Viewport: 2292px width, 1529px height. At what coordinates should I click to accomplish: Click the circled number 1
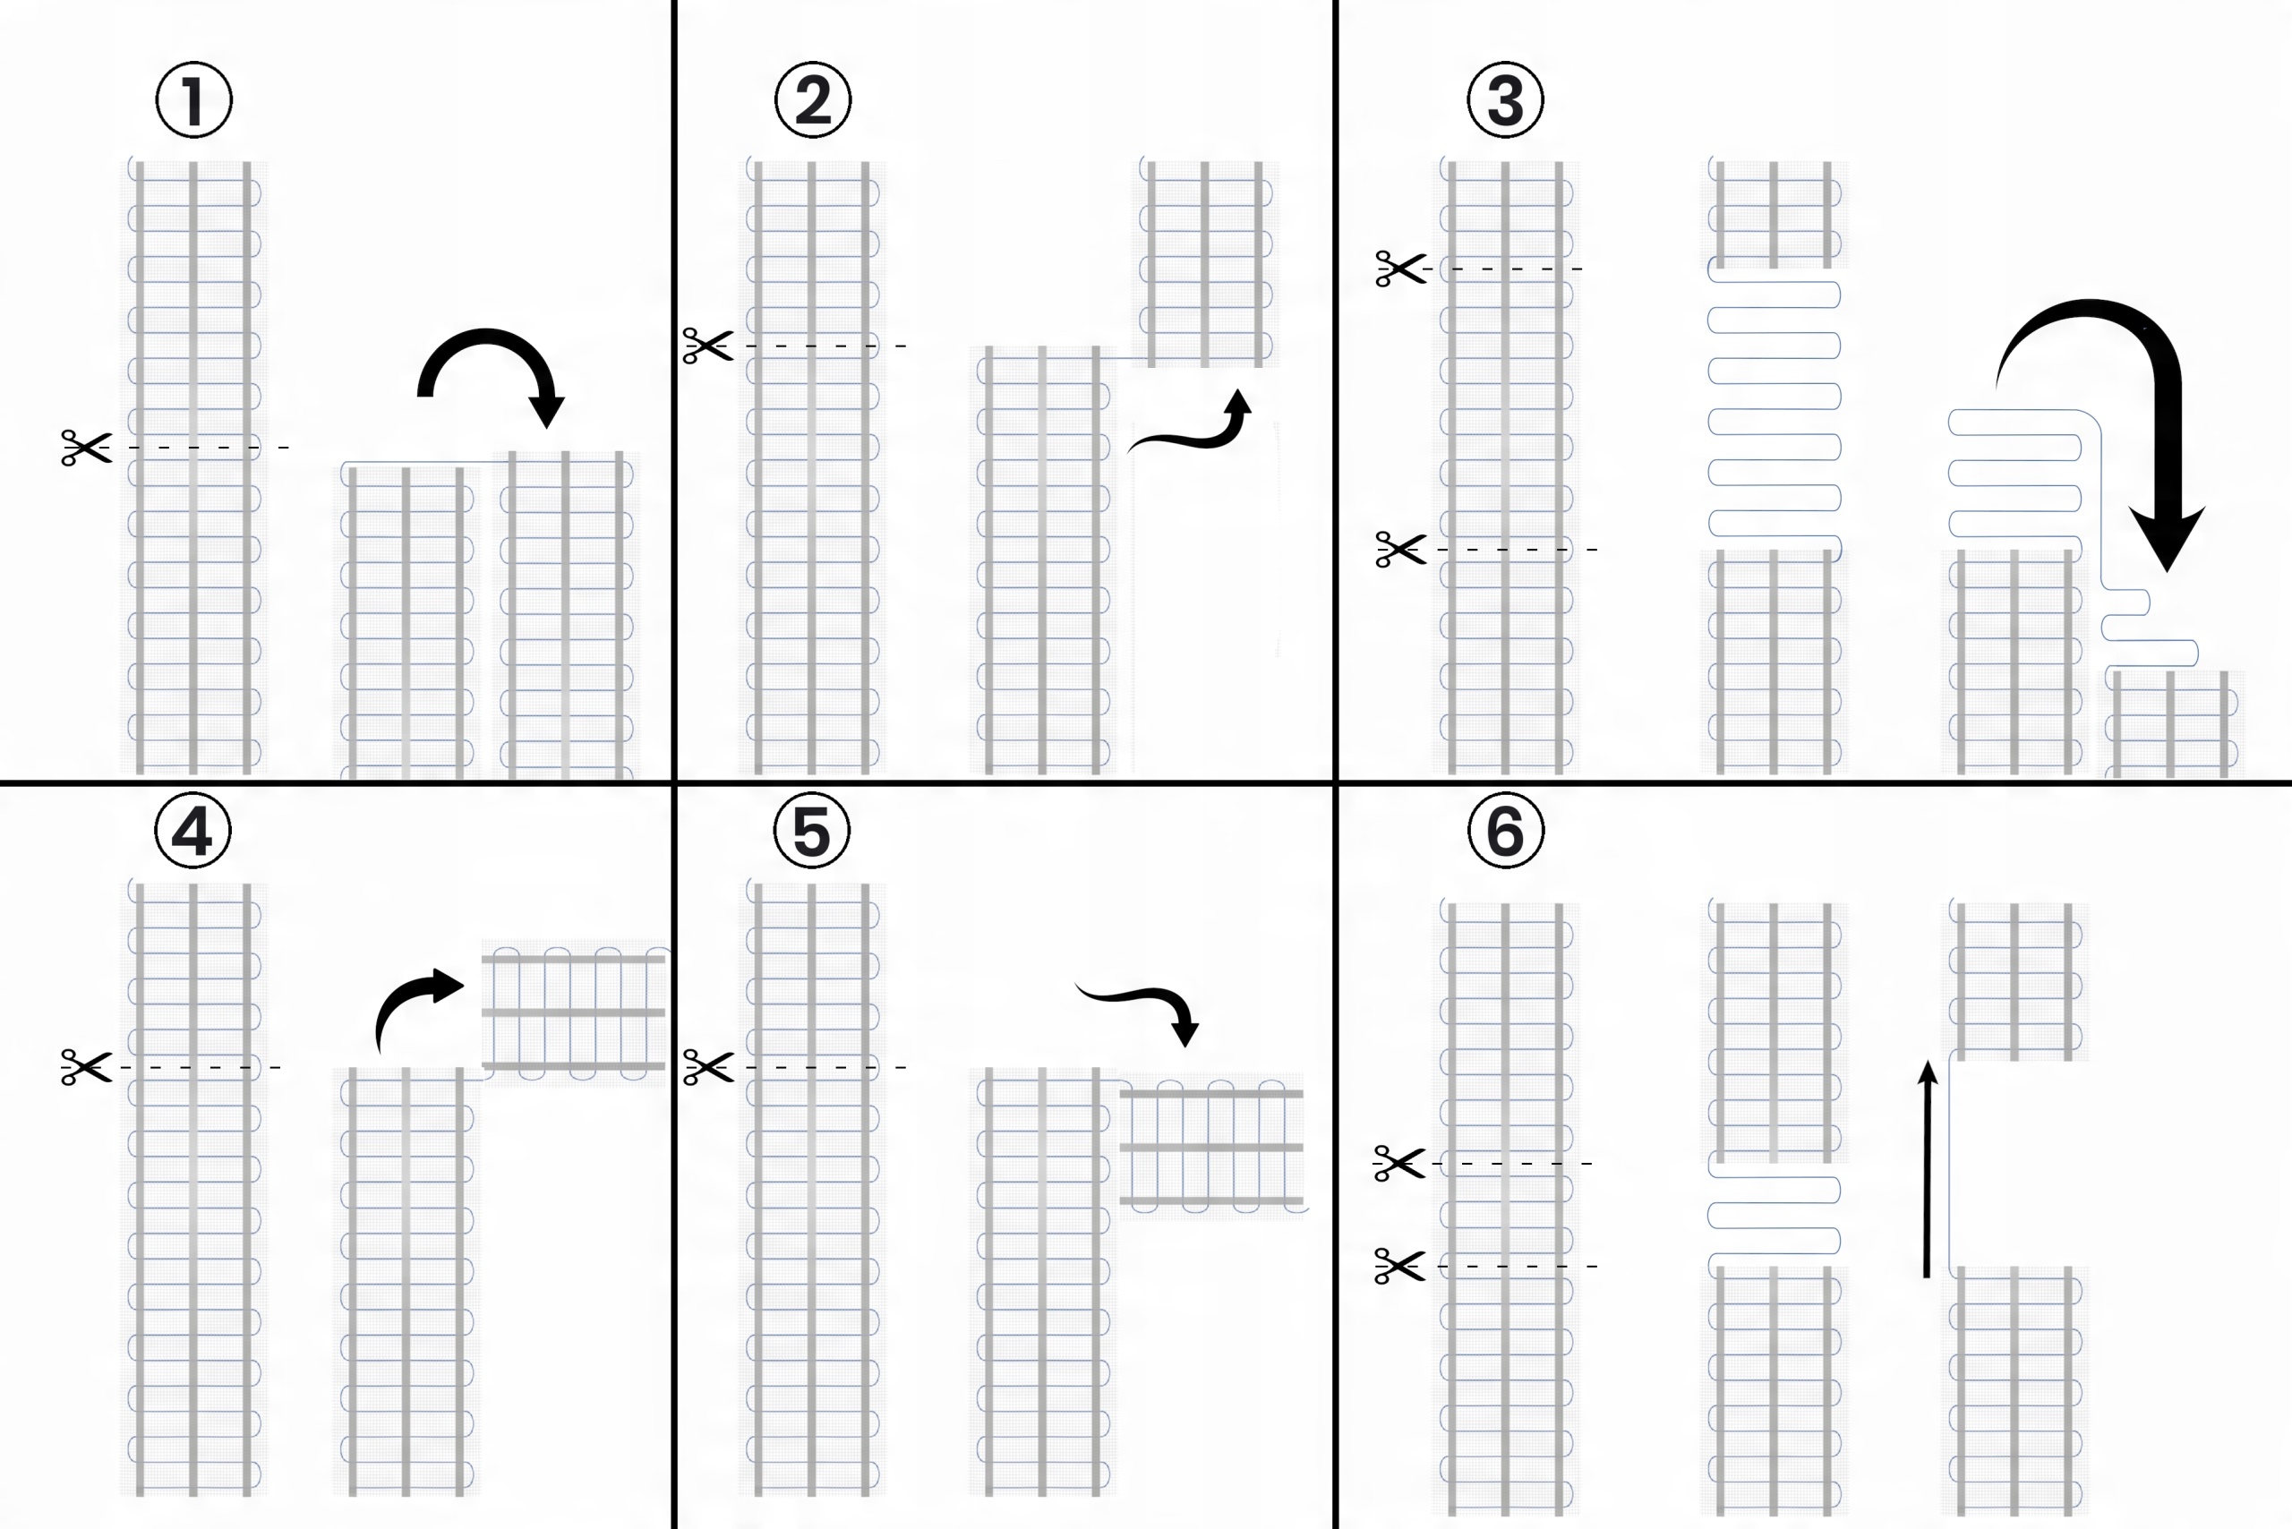(x=194, y=100)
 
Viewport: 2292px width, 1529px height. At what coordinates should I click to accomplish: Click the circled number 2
(x=812, y=100)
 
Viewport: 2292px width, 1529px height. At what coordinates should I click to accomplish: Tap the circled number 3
(x=1505, y=100)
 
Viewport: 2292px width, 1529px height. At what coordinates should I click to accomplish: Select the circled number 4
(x=193, y=831)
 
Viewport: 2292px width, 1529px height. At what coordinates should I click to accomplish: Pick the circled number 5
(x=811, y=831)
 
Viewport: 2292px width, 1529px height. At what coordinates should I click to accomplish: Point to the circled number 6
(x=1505, y=831)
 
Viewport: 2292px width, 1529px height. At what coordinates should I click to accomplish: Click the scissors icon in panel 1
(x=86, y=448)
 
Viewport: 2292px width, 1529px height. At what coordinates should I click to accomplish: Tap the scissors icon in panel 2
(x=708, y=346)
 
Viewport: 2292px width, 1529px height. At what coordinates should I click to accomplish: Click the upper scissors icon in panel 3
(x=1400, y=269)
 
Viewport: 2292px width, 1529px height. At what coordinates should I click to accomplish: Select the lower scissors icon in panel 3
(x=1400, y=549)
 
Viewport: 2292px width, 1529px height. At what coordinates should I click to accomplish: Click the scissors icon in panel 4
(x=86, y=1067)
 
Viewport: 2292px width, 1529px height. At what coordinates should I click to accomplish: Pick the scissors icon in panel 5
(x=708, y=1067)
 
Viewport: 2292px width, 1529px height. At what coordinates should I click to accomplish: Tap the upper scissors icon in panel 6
(x=1398, y=1164)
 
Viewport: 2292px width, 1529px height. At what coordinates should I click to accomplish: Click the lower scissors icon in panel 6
(x=1398, y=1266)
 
